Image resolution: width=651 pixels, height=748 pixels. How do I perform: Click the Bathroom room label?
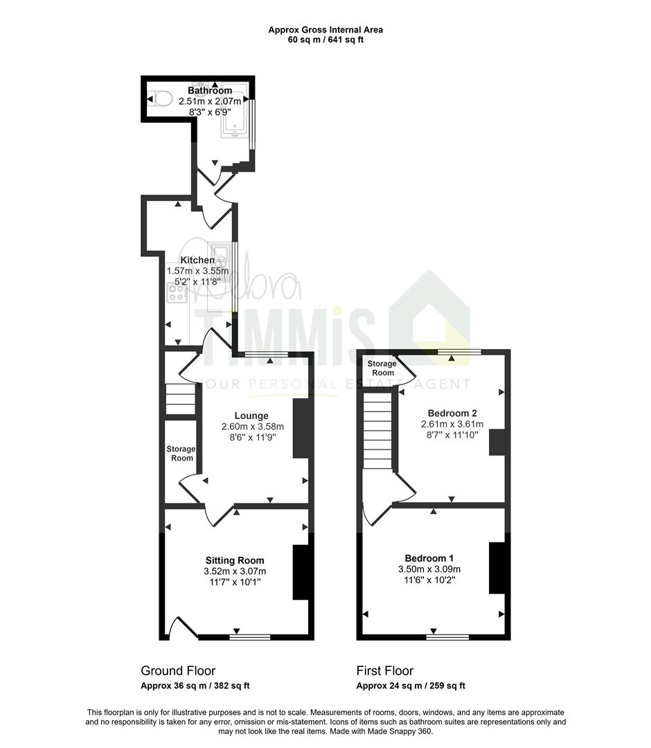pyautogui.click(x=210, y=91)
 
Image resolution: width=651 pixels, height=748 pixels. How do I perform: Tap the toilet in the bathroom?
pyautogui.click(x=160, y=99)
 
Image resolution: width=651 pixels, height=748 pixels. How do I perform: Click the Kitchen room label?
pyautogui.click(x=197, y=260)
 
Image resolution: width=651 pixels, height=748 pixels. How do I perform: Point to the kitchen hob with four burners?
pyautogui.click(x=177, y=292)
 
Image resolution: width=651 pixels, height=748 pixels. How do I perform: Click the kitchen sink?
pyautogui.click(x=220, y=258)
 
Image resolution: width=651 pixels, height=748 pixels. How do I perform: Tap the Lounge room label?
pyautogui.click(x=251, y=416)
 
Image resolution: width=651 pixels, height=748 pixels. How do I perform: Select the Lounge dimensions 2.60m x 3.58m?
pyautogui.click(x=252, y=427)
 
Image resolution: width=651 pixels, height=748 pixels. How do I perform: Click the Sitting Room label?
pyautogui.click(x=235, y=560)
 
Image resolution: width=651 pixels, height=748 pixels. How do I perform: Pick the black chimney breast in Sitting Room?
pyautogui.click(x=301, y=572)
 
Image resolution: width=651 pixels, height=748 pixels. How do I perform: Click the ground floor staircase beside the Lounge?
pyautogui.click(x=181, y=400)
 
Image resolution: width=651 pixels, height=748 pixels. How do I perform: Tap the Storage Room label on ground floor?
pyautogui.click(x=181, y=453)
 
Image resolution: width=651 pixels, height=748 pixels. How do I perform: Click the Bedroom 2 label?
pyautogui.click(x=452, y=413)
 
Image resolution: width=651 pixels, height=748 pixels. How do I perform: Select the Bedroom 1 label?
pyautogui.click(x=429, y=558)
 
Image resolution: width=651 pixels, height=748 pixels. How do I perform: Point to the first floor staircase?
pyautogui.click(x=377, y=430)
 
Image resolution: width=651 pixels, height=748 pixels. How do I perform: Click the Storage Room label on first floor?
pyautogui.click(x=382, y=368)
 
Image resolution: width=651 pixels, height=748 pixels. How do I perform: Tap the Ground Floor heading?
pyautogui.click(x=178, y=670)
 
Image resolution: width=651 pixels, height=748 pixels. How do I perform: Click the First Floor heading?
pyautogui.click(x=385, y=670)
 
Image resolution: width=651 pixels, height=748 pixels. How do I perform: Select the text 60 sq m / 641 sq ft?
pyautogui.click(x=325, y=39)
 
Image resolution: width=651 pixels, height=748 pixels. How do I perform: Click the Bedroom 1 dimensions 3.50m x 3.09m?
pyautogui.click(x=429, y=569)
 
